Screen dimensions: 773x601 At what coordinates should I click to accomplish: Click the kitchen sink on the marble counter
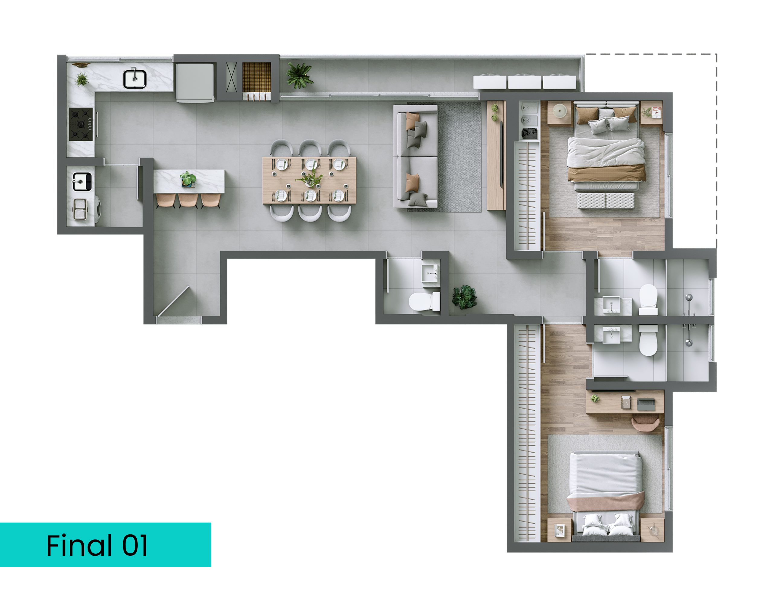(x=134, y=79)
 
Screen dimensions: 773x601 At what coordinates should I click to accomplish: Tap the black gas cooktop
(x=81, y=125)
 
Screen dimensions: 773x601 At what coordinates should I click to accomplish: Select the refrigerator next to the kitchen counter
(x=195, y=83)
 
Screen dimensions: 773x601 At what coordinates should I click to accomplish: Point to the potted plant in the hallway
(x=464, y=297)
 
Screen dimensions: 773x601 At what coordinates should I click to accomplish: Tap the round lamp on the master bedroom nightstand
(x=560, y=110)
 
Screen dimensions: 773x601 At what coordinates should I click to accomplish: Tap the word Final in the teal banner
(x=79, y=546)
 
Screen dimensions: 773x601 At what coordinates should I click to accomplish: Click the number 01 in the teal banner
(x=135, y=546)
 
